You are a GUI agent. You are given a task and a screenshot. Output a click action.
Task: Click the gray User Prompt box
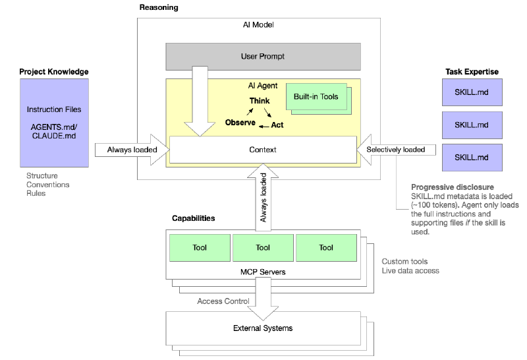(262, 57)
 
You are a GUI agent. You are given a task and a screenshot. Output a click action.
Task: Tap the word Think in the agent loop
(259, 101)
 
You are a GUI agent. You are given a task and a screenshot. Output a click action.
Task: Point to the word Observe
(240, 123)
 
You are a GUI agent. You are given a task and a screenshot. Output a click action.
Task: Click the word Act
(277, 125)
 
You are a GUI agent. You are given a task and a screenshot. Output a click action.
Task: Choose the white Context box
(262, 150)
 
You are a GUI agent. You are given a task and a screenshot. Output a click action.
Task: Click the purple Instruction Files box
(54, 122)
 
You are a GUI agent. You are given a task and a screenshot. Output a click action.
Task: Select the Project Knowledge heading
(54, 71)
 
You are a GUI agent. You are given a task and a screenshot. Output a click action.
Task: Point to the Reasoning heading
(159, 7)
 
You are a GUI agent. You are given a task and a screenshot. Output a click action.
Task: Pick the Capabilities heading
(193, 218)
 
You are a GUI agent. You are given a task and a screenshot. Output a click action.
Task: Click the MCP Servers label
(262, 271)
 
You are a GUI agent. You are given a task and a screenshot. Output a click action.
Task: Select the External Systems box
(262, 328)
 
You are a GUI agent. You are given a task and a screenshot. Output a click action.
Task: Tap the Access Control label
(223, 301)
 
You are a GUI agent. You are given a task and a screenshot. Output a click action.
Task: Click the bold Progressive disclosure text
(452, 187)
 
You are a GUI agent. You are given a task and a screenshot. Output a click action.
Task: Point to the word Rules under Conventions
(36, 194)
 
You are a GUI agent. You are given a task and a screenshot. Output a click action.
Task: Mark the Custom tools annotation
(404, 261)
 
